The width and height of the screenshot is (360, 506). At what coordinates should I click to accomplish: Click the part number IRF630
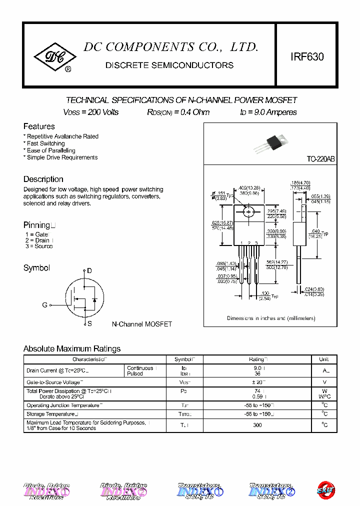(x=307, y=57)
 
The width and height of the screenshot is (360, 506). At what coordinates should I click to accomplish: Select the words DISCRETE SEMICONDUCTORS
(x=169, y=65)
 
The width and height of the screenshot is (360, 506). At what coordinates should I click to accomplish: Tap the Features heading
(x=39, y=126)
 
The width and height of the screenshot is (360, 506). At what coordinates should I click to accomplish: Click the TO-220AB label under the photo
(x=320, y=159)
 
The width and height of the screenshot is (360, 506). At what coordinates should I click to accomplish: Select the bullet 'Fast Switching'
(x=46, y=143)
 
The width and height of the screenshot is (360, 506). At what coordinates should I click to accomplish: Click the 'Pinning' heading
(x=36, y=225)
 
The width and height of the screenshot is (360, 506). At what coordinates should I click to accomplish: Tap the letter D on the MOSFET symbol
(x=89, y=271)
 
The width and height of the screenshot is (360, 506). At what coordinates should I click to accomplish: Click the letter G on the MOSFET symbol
(x=44, y=305)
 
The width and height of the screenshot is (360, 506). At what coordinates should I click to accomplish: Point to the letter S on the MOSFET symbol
(x=89, y=323)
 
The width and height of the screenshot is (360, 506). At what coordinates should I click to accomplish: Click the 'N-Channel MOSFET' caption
(x=141, y=324)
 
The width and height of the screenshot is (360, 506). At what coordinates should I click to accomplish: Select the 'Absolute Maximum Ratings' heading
(x=72, y=349)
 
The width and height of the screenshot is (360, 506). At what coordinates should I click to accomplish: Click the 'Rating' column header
(x=258, y=359)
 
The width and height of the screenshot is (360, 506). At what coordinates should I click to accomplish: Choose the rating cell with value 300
(x=257, y=425)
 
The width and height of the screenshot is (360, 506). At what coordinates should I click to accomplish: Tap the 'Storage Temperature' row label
(x=51, y=414)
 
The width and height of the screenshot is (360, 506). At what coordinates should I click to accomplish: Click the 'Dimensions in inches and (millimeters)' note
(x=271, y=318)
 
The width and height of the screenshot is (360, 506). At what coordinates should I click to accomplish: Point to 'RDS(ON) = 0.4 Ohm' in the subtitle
(x=178, y=112)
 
